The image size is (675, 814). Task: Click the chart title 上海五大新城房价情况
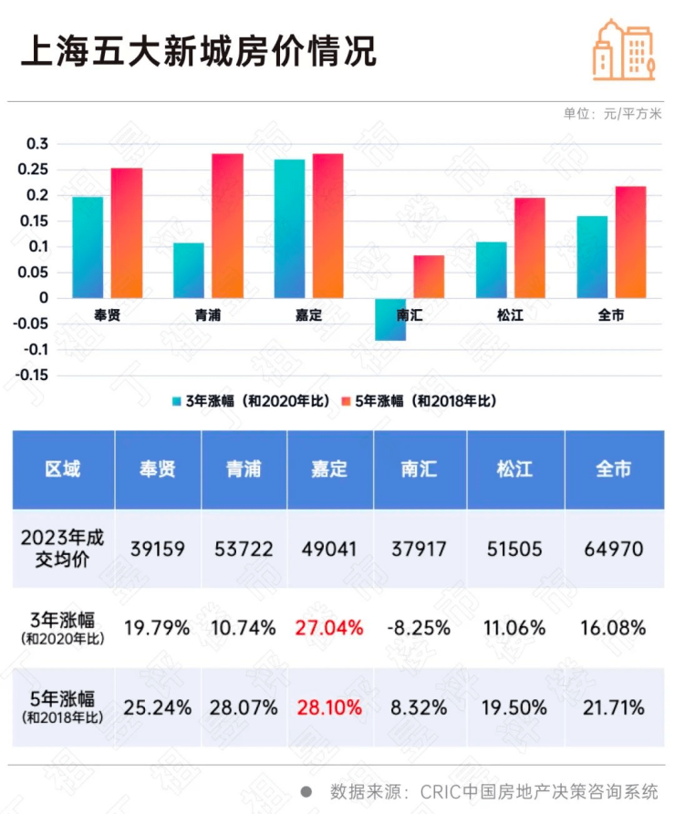click(198, 51)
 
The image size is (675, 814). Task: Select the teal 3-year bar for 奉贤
click(88, 247)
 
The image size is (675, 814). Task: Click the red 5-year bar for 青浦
click(227, 225)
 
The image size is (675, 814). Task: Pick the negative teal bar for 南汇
click(390, 319)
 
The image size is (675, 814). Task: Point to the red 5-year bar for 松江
click(529, 247)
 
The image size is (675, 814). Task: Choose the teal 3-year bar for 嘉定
click(289, 228)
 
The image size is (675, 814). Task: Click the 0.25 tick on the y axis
click(36, 170)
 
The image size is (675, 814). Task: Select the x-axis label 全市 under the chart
click(610, 315)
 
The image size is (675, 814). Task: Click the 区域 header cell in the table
click(63, 469)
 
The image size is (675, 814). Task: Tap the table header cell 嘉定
click(329, 469)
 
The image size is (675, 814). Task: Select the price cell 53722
click(244, 549)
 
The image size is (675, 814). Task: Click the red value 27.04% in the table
click(329, 628)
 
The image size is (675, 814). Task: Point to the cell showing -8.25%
click(420, 628)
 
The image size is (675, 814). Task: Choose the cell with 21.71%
click(612, 707)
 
